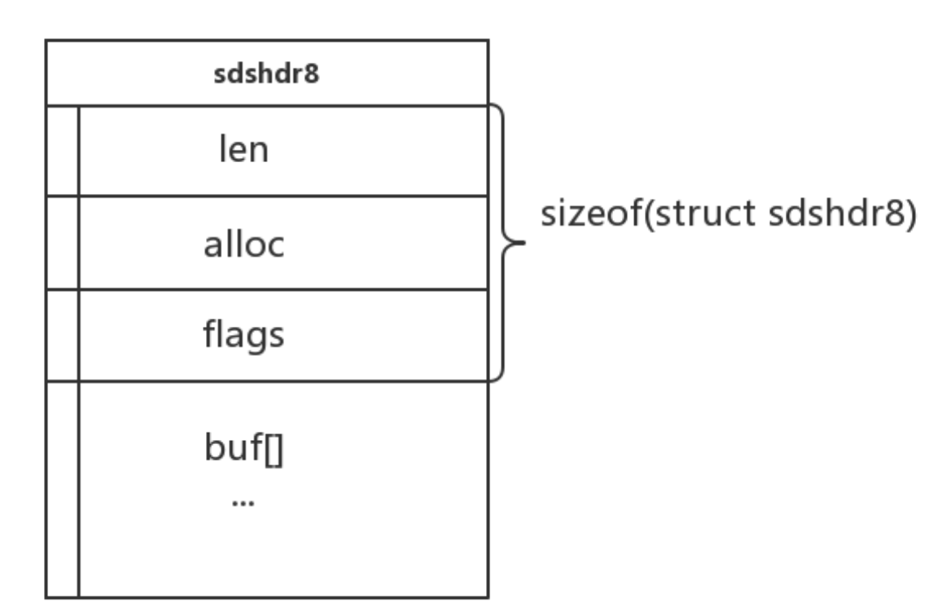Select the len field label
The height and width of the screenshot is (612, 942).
[243, 151]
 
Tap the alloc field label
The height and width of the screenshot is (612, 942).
[243, 244]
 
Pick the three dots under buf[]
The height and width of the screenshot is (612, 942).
[243, 504]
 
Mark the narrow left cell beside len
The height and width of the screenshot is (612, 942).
[63, 151]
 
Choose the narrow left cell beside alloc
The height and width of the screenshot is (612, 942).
[63, 243]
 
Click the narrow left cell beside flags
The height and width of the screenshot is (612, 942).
[63, 335]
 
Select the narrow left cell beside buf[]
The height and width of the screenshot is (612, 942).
[63, 489]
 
